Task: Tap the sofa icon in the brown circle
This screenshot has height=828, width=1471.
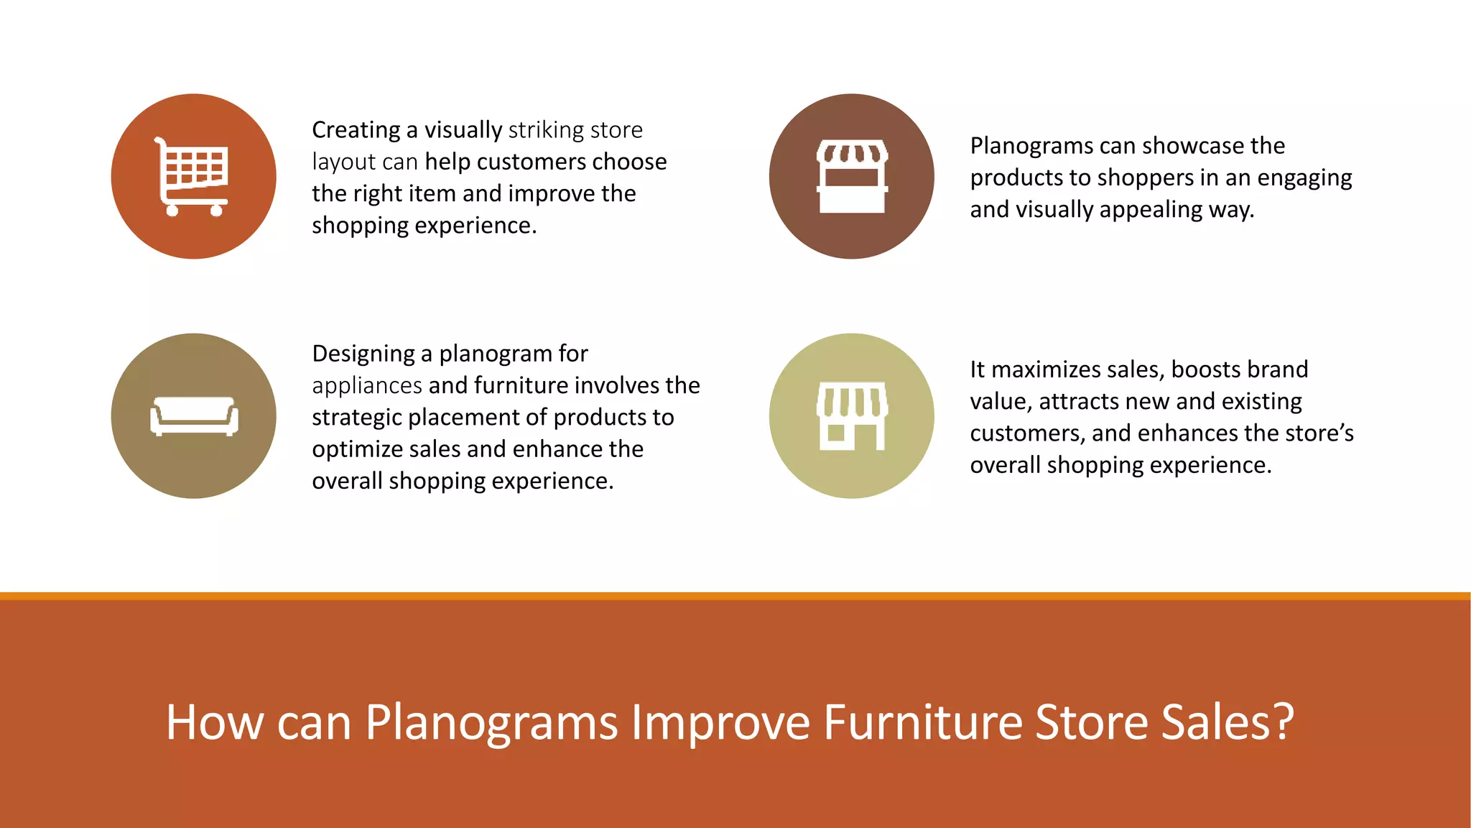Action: pyautogui.click(x=194, y=416)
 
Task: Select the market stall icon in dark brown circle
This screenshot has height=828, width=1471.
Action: pyautogui.click(x=852, y=176)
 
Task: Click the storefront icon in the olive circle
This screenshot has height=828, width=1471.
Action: pyautogui.click(x=852, y=416)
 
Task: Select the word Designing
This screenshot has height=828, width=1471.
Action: pyautogui.click(x=363, y=354)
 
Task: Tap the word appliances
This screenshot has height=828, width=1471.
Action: pyautogui.click(x=367, y=386)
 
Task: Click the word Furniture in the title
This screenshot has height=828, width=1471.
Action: pyautogui.click(x=922, y=722)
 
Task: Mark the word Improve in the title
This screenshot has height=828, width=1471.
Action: pyautogui.click(x=720, y=722)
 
